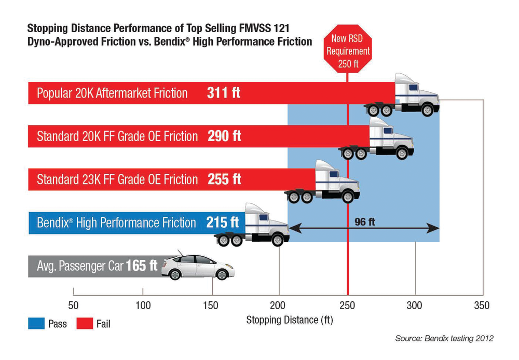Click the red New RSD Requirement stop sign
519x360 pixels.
click(x=347, y=51)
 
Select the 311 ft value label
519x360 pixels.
click(x=224, y=93)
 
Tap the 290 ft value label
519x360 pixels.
click(x=224, y=136)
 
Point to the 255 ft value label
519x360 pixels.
click(x=224, y=179)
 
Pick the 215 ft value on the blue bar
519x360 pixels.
click(x=222, y=223)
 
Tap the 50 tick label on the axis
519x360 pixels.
click(x=73, y=306)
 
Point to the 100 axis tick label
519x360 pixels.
click(x=142, y=306)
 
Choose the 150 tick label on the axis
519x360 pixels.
click(x=211, y=306)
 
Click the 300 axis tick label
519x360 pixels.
click(x=415, y=306)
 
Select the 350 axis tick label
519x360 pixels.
click(x=482, y=306)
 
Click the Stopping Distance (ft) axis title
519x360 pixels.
click(x=289, y=320)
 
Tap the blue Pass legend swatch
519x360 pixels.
click(x=36, y=324)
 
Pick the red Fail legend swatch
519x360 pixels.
click(x=85, y=324)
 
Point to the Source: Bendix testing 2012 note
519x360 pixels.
click(x=444, y=338)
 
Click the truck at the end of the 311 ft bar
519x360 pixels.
click(x=402, y=95)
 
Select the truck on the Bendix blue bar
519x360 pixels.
click(x=252, y=225)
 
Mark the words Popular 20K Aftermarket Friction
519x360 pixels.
click(x=112, y=93)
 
